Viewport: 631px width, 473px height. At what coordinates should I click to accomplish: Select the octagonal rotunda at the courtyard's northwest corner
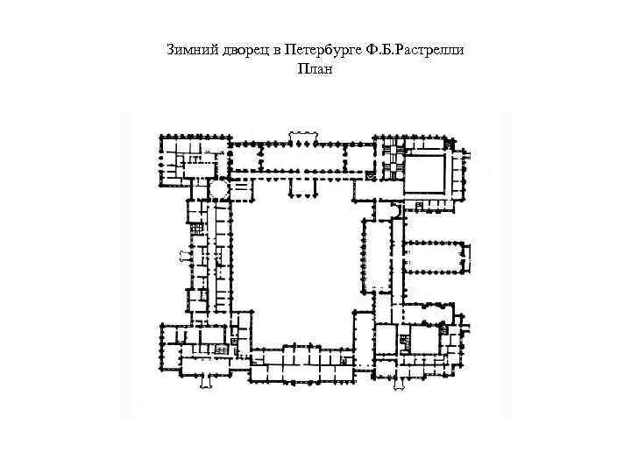click(216, 189)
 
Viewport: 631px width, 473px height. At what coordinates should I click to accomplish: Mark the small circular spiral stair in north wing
click(372, 176)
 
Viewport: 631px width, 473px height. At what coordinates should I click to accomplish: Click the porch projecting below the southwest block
click(207, 379)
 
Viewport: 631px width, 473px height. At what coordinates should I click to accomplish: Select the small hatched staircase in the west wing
click(197, 229)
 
